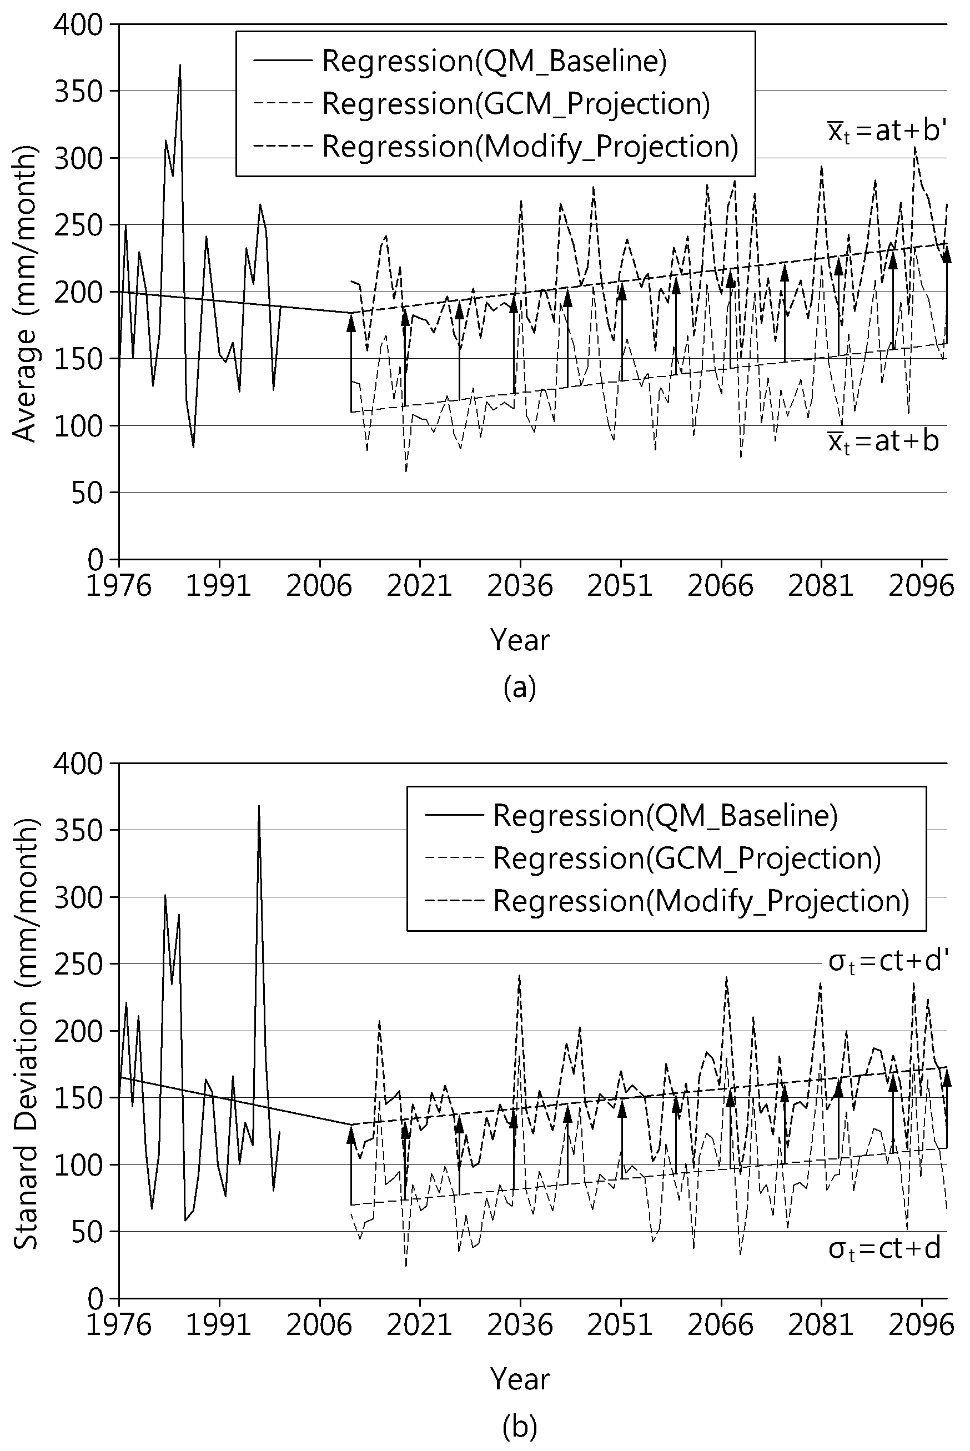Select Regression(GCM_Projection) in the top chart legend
(x=481, y=104)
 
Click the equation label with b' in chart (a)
(x=887, y=133)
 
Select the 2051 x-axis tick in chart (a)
(x=621, y=585)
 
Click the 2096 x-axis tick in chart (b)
(x=922, y=1326)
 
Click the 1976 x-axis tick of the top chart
(x=118, y=585)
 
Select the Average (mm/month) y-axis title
(x=25, y=293)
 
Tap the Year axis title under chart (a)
(x=520, y=640)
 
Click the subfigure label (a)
(x=520, y=686)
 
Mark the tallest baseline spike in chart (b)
(x=259, y=806)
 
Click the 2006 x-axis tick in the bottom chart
(x=319, y=1326)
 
